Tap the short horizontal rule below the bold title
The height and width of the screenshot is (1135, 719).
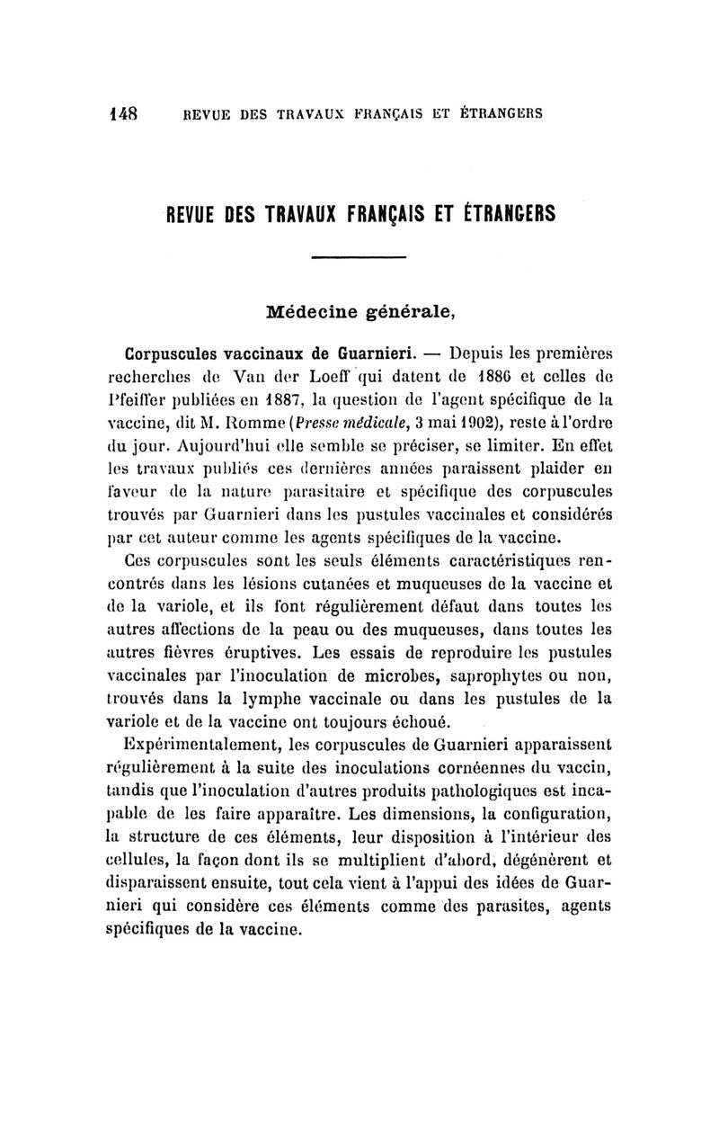(x=359, y=260)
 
